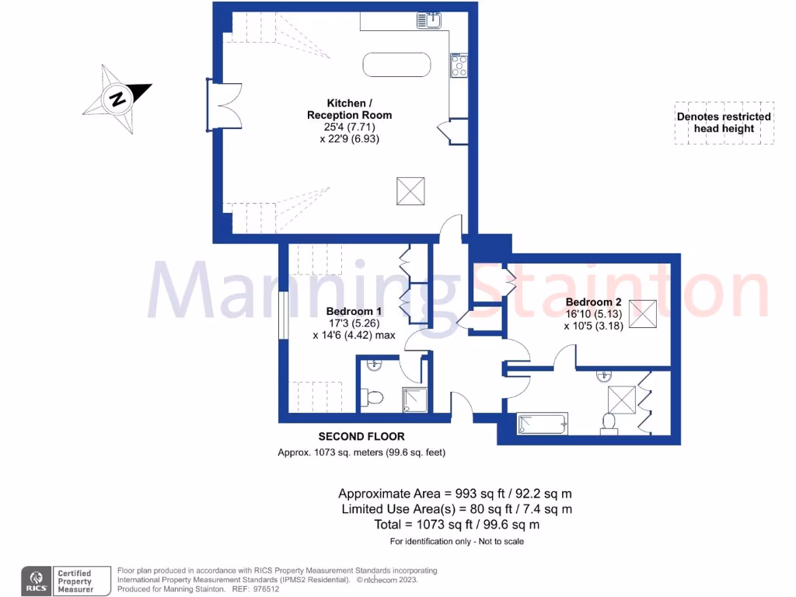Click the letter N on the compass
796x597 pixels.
pos(117,99)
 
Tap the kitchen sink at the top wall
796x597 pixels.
pos(429,20)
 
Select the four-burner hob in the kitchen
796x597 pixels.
pos(459,65)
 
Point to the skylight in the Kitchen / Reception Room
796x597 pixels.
pos(411,191)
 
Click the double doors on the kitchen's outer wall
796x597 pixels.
pos(219,104)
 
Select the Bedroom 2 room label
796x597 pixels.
pos(593,302)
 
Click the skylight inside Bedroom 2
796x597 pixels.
pos(642,312)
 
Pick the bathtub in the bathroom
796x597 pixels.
pos(543,424)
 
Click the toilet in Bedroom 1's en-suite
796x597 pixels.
pos(373,398)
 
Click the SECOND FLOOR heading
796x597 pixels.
pos(361,436)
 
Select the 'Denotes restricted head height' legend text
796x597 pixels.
pos(724,123)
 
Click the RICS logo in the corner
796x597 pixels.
pos(36,580)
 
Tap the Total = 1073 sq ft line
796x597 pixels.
pos(456,525)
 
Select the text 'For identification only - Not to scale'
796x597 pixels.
pos(456,541)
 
